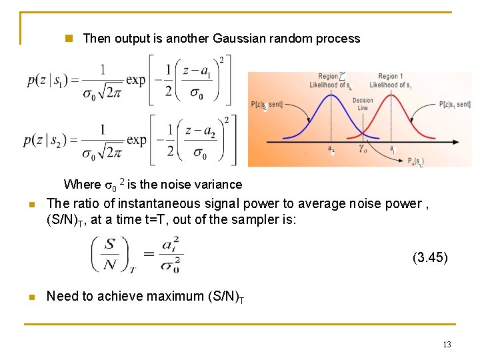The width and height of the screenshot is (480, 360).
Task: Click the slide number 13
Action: coord(447,344)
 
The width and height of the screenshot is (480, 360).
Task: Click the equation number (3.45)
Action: coord(430,257)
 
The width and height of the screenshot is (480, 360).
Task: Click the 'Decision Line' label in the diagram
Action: coord(363,104)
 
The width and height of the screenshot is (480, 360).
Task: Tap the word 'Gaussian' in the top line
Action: coord(237,39)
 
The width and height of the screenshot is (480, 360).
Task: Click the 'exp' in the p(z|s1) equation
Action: coord(135,80)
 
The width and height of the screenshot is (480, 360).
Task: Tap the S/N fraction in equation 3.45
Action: coord(111,255)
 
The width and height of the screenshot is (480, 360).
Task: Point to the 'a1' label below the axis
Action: coord(393,151)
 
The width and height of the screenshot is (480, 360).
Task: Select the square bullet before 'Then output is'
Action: coord(67,39)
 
